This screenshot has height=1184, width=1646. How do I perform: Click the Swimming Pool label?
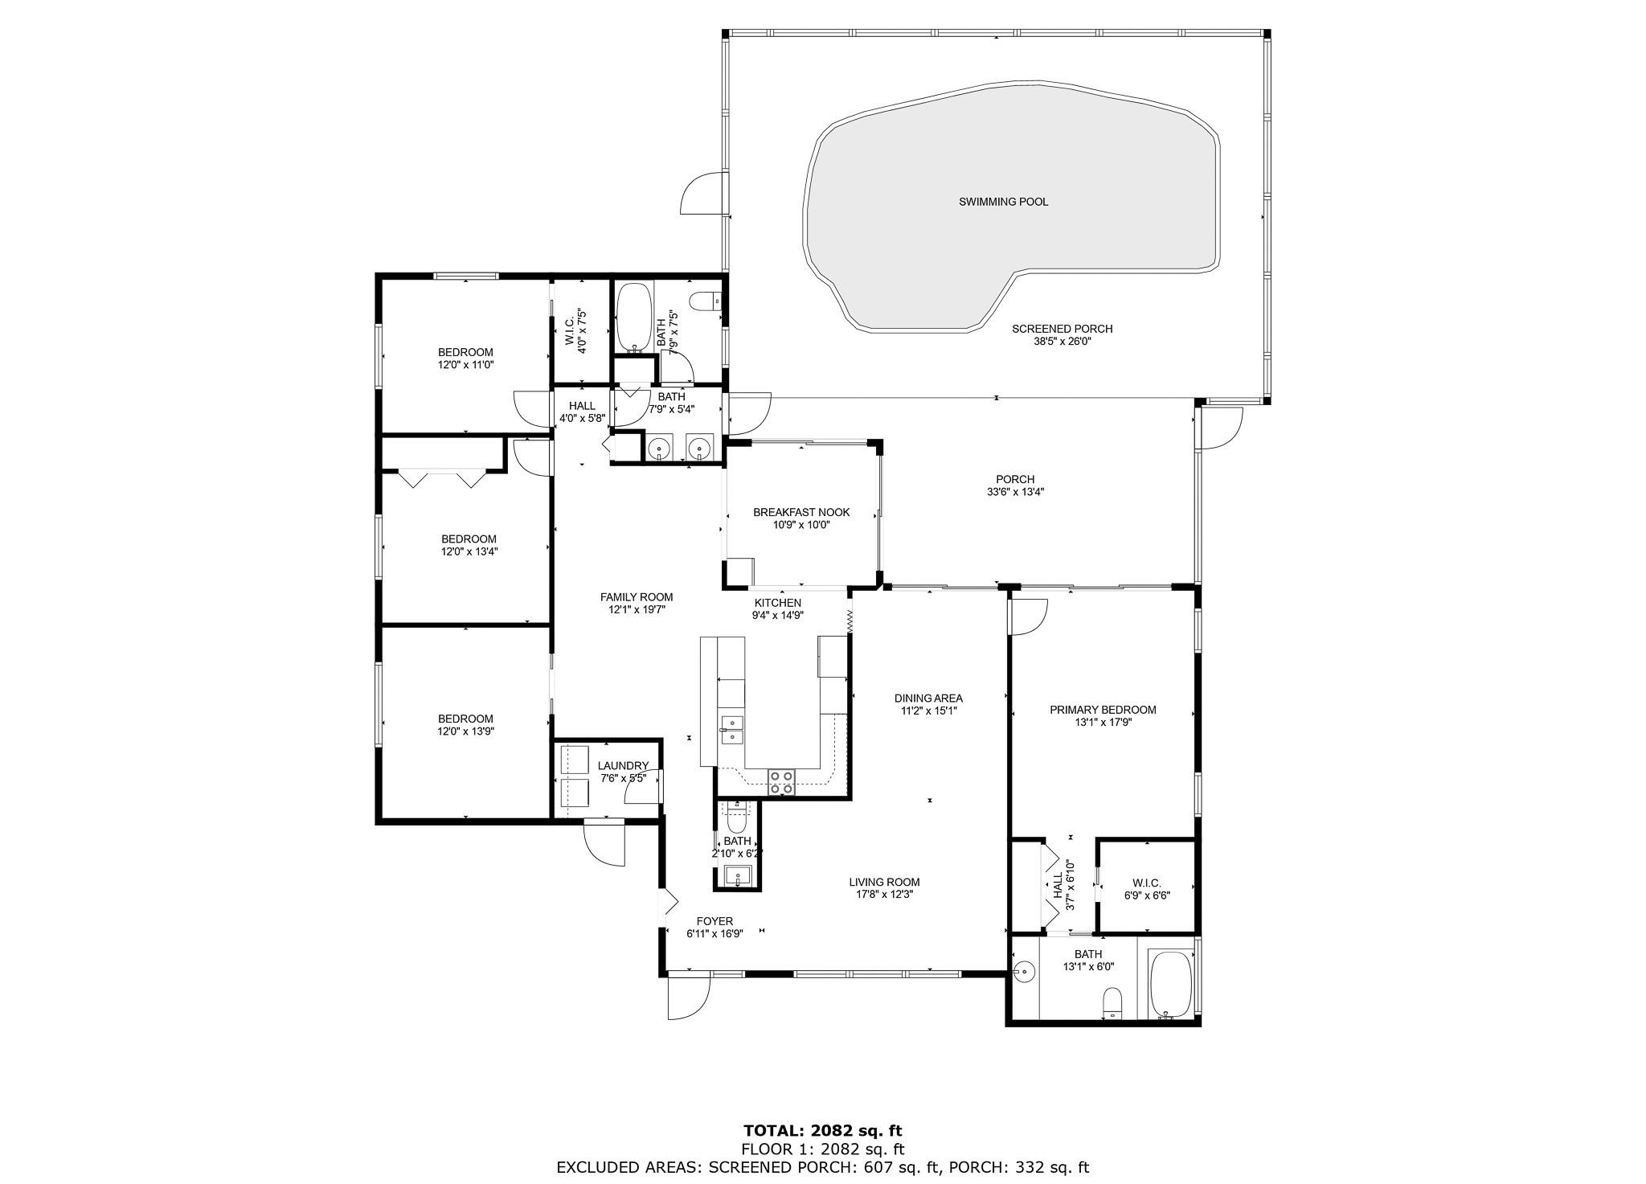[x=1003, y=202]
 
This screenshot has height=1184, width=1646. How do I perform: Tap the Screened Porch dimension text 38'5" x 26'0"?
[x=1062, y=341]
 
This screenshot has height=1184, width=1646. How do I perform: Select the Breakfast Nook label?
[x=800, y=512]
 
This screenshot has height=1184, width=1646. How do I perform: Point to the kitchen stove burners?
[x=782, y=782]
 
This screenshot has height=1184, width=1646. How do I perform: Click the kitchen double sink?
[x=731, y=728]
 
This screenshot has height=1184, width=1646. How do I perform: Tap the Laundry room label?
[x=623, y=766]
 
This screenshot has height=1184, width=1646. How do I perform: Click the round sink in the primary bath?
[x=1023, y=972]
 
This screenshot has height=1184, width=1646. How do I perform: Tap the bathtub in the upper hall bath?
[x=634, y=318]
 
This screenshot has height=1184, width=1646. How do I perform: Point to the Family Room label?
[x=637, y=597]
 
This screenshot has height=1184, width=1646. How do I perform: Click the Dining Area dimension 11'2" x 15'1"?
[x=928, y=711]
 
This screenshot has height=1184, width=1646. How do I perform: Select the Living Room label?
[x=884, y=882]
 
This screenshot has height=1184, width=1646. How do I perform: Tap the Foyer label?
[x=714, y=921]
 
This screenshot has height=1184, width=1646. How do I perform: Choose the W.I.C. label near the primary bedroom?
[x=1146, y=882]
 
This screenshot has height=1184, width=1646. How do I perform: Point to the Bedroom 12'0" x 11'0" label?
[x=465, y=358]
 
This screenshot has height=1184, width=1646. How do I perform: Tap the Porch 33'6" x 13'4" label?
[x=1015, y=485]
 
